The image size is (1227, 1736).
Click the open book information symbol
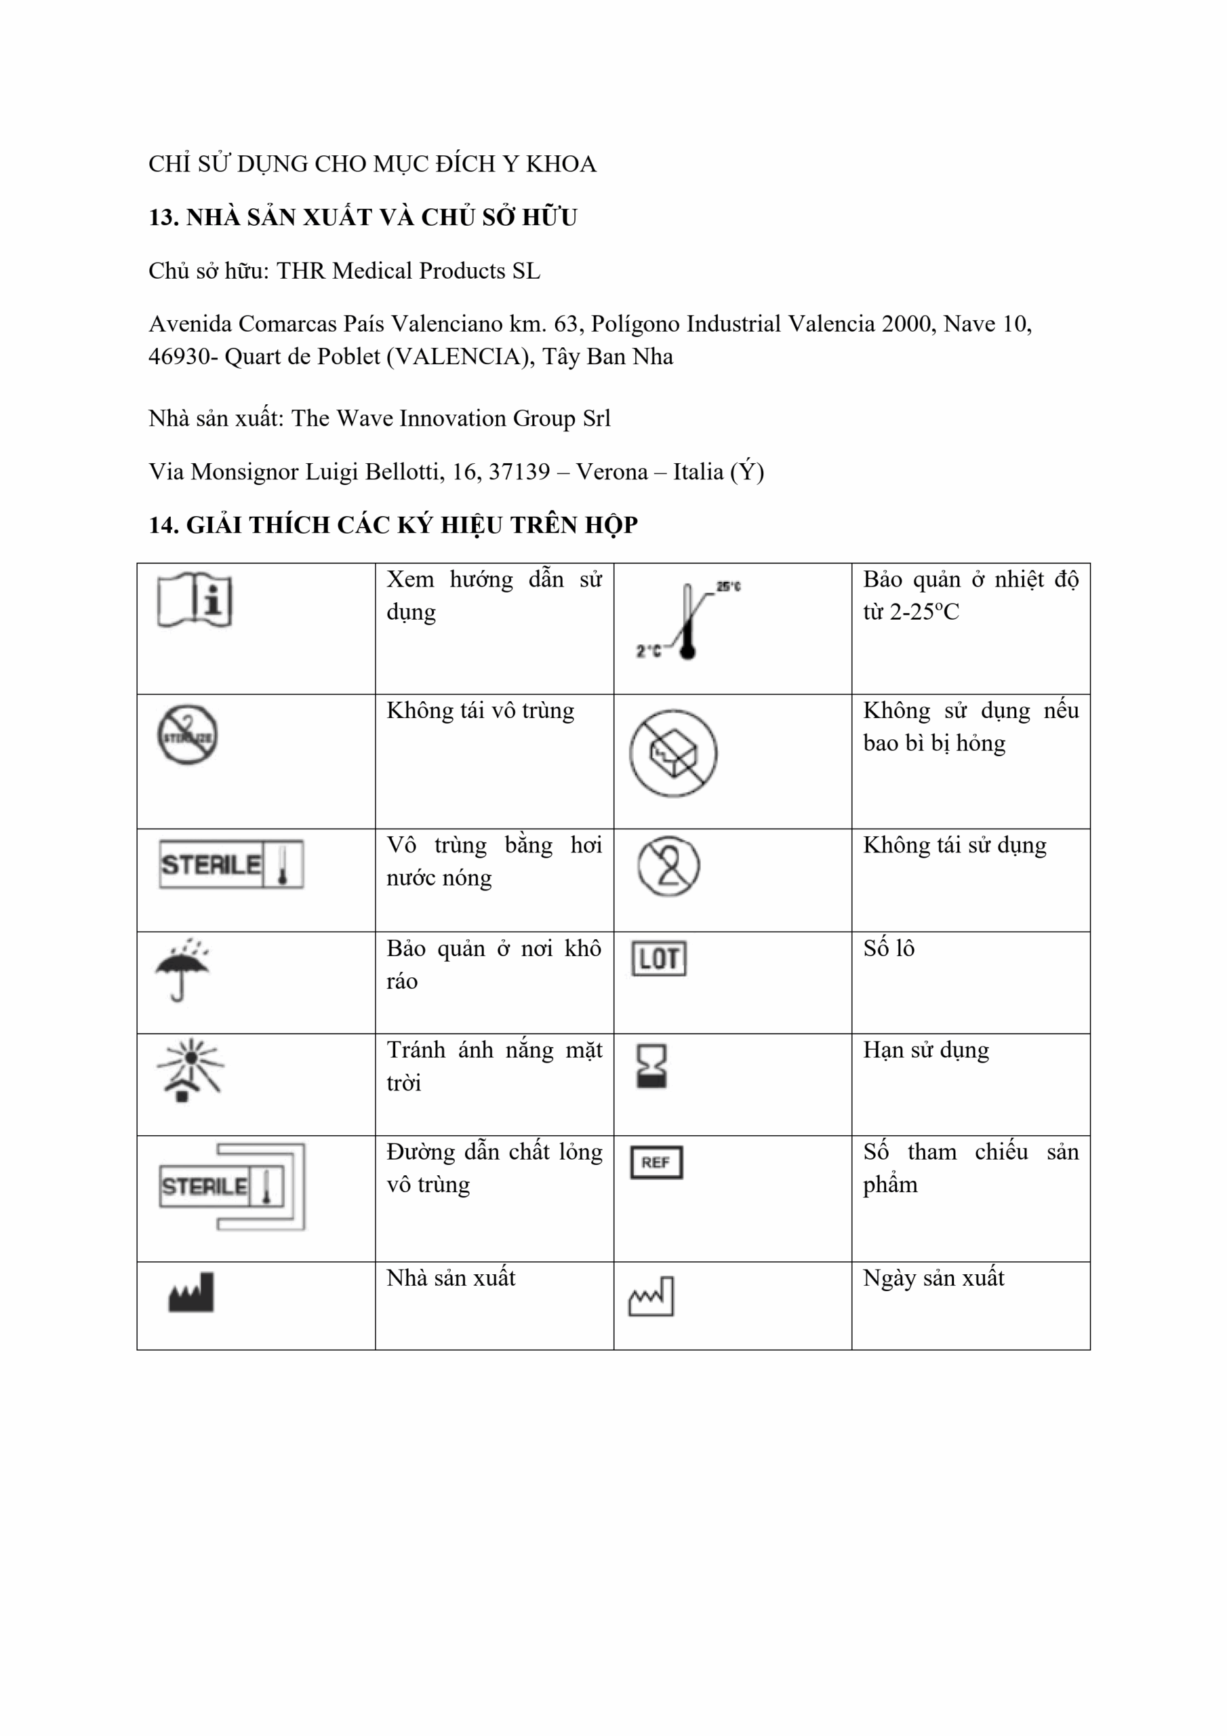pos(195,599)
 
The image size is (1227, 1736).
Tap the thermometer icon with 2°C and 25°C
pos(687,620)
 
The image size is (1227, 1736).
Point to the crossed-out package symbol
pos(673,753)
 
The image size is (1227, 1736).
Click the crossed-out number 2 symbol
pos(668,866)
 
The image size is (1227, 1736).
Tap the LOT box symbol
pos(659,959)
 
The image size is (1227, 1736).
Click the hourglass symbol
pos(651,1065)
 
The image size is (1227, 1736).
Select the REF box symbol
pos(656,1162)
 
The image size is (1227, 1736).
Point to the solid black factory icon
pos(191,1293)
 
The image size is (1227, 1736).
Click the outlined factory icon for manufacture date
pos(651,1296)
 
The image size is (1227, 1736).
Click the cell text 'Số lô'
pos(889,948)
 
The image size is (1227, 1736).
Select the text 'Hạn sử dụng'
pos(926,1050)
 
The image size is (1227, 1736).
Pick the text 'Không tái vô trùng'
pos(480,711)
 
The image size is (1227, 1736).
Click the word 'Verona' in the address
pos(611,472)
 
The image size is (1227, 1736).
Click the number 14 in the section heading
pos(163,525)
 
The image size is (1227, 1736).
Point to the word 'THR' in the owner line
pos(301,271)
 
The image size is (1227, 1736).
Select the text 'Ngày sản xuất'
pos(933,1278)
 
